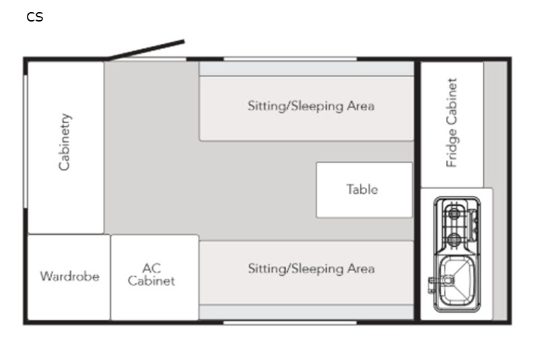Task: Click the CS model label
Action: (x=35, y=17)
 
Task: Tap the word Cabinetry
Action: (x=65, y=142)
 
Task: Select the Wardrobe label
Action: (x=70, y=277)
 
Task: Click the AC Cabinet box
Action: (x=155, y=277)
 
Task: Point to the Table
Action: (x=364, y=190)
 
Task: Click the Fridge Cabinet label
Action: (x=451, y=123)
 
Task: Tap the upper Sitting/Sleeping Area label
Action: (x=311, y=106)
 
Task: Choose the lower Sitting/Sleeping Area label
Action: (x=311, y=268)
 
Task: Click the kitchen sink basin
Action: (x=457, y=281)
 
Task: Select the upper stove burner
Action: (x=455, y=213)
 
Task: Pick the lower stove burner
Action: (x=455, y=238)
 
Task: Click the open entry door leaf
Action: (x=147, y=50)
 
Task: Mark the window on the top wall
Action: (x=291, y=59)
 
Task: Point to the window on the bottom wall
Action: (x=291, y=322)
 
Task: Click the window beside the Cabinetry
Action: (x=26, y=141)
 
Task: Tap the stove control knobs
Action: (x=473, y=225)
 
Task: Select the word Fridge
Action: (x=451, y=148)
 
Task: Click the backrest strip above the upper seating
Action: (x=307, y=69)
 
